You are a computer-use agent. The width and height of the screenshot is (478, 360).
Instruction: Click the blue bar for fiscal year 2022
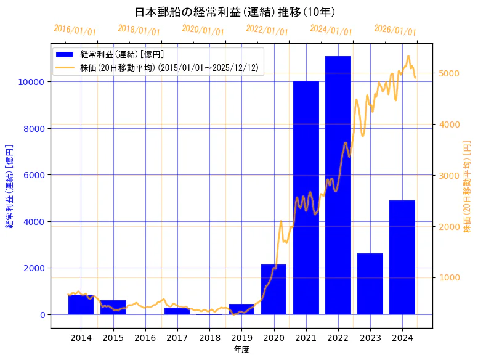[x=338, y=185]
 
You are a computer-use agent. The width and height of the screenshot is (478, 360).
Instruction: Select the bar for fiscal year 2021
[x=306, y=197]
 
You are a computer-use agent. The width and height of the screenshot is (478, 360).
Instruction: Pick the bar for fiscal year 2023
[x=370, y=284]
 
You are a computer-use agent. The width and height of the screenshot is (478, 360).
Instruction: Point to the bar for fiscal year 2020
[x=273, y=290]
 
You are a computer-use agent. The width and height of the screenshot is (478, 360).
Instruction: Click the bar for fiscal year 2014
[x=81, y=305]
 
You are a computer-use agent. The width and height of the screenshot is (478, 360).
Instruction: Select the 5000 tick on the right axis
[x=448, y=73]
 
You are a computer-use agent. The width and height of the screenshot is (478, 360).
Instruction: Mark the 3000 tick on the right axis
[x=448, y=176]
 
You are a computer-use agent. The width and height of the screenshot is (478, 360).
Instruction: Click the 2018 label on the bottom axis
[x=209, y=338]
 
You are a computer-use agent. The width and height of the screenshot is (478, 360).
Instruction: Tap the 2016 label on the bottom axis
[x=145, y=338]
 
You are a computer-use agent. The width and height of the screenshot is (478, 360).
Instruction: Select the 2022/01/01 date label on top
[x=267, y=30]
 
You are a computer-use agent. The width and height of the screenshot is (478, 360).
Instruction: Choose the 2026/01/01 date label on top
[x=395, y=30]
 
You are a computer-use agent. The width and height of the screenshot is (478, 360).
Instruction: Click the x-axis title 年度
[x=241, y=350]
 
